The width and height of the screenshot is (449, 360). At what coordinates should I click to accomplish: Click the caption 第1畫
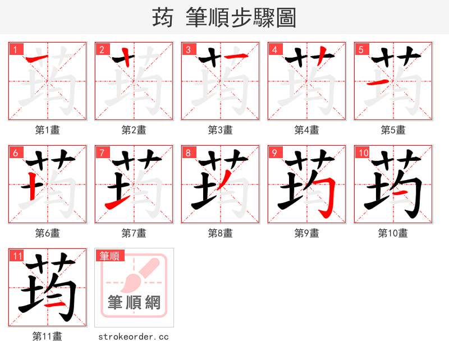click(x=48, y=130)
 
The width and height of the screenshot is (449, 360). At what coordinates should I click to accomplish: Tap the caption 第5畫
click(x=393, y=130)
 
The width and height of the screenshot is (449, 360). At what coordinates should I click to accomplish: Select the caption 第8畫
click(x=221, y=233)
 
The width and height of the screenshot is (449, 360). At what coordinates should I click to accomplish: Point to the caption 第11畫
click(x=48, y=336)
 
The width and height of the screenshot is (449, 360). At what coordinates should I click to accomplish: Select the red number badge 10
click(x=363, y=153)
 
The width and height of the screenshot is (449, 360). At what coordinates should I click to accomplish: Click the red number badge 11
click(x=17, y=256)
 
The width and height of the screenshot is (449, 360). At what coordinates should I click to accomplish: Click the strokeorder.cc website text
click(x=134, y=337)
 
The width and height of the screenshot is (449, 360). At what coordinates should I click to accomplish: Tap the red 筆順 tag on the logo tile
click(x=109, y=256)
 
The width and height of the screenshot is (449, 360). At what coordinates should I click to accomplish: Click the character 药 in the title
click(x=163, y=18)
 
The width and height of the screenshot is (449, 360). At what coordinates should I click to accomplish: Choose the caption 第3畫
click(x=221, y=130)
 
